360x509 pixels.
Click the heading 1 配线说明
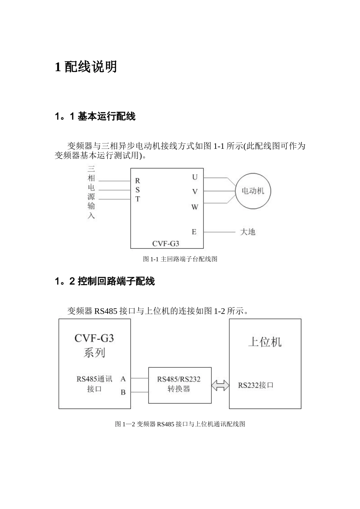(x=86, y=67)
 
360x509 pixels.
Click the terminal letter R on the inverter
(x=138, y=181)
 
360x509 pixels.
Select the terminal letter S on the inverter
(x=138, y=190)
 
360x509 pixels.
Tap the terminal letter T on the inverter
(x=138, y=199)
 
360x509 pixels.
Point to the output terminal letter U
(x=195, y=177)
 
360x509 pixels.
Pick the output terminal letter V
(x=195, y=192)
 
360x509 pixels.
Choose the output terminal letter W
(x=195, y=207)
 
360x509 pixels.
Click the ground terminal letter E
(x=194, y=232)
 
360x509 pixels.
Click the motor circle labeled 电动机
(x=253, y=191)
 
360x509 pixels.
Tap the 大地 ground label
(x=248, y=232)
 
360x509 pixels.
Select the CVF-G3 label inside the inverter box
(x=166, y=244)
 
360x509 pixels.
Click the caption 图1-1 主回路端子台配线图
(x=180, y=259)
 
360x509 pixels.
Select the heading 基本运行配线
(x=106, y=117)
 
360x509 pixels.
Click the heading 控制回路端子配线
(x=116, y=281)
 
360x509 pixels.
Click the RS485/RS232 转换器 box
(x=179, y=384)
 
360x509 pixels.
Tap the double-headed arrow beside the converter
(x=221, y=386)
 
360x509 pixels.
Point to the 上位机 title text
(x=265, y=342)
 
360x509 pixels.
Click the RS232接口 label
(x=256, y=385)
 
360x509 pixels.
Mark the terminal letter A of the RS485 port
(x=123, y=379)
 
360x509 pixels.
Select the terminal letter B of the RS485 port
(x=123, y=392)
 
